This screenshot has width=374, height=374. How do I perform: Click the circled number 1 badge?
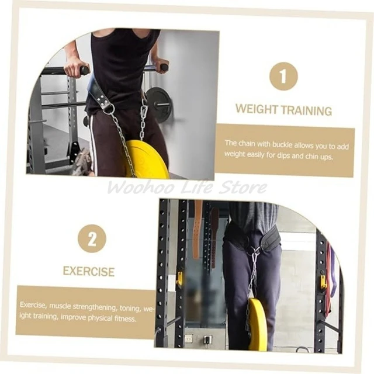click(283, 76)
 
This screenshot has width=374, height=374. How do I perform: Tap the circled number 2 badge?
click(92, 239)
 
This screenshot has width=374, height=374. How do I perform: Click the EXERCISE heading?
click(89, 272)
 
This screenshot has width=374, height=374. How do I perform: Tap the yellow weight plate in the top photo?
click(146, 160)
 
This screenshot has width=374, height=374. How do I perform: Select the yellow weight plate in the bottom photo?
click(258, 324)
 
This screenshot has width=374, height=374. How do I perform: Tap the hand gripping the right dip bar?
click(158, 66)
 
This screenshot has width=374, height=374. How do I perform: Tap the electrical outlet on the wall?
click(189, 338)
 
